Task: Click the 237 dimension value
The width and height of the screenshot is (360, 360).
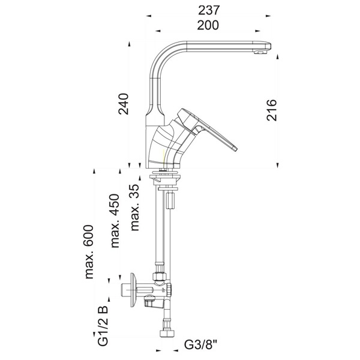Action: coord(209,10)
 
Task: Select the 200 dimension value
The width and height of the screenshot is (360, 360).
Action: coord(208,25)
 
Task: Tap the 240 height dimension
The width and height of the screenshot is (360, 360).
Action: coord(124,104)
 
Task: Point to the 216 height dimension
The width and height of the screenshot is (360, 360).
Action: coord(272,110)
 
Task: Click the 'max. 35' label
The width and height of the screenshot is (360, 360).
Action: coord(135,207)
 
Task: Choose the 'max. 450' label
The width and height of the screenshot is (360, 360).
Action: coord(115,221)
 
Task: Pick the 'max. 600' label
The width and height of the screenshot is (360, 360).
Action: coord(89,252)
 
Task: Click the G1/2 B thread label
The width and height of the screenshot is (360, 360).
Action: coord(103,326)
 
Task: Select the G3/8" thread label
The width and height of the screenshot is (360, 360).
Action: coord(200,344)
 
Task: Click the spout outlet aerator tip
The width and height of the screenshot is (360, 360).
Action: coord(260,53)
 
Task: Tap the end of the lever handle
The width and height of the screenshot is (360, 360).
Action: coord(235,148)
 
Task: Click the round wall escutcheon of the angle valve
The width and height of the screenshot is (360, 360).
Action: coord(134,290)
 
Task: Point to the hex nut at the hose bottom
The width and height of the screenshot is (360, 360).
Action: coord(167,333)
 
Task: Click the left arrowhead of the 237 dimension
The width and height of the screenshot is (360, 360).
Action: coord(149,16)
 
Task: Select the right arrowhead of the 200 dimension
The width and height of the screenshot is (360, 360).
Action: coord(257,31)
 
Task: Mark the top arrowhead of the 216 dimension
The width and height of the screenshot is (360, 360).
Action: coord(278,57)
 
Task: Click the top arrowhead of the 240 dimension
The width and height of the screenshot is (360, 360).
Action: coord(129,44)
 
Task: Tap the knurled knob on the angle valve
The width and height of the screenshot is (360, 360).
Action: coord(169,289)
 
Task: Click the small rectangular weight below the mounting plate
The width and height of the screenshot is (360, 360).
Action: coord(170,200)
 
